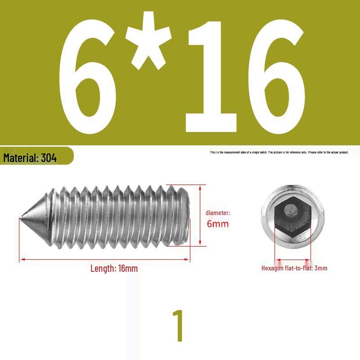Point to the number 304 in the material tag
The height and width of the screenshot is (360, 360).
49,158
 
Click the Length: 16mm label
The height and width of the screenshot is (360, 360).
114,269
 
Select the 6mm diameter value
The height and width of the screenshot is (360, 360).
218,224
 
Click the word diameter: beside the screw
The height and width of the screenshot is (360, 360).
218,213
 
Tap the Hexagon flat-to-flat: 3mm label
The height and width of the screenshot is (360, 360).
294,268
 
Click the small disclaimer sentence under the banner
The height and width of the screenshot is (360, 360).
279,153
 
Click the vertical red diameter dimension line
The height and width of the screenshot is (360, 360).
200,215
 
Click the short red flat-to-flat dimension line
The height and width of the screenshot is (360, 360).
292,260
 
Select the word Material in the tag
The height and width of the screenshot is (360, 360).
21,158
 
